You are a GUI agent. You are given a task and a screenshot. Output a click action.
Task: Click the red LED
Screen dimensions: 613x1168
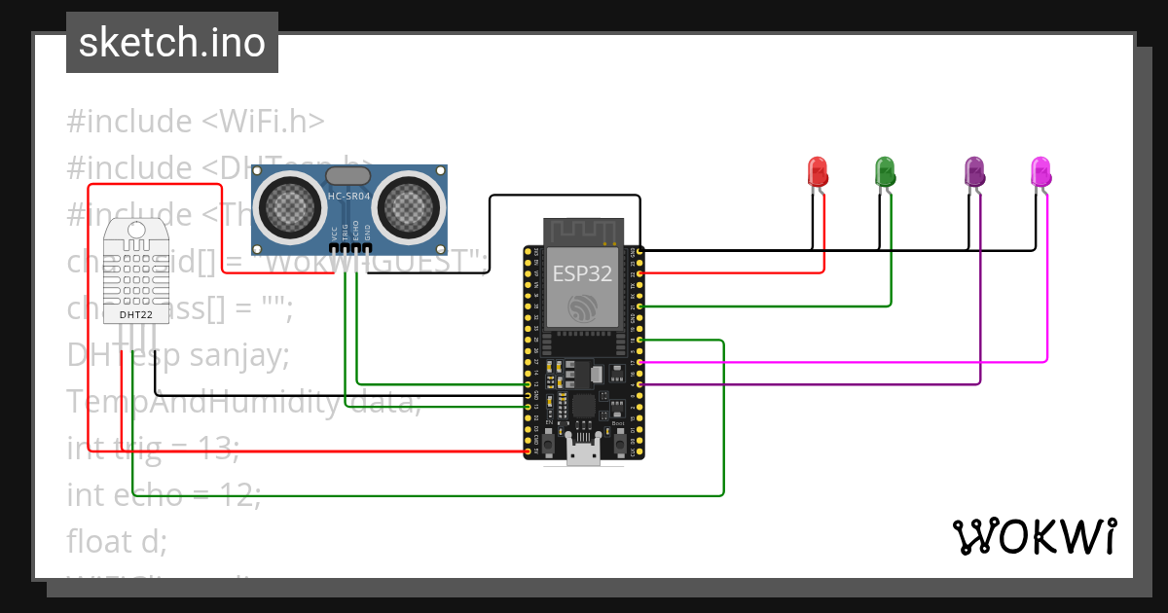point(818,172)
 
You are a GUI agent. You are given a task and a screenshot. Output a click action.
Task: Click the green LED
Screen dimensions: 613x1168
point(885,171)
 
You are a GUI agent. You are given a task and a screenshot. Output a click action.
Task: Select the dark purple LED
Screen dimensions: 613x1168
point(974,172)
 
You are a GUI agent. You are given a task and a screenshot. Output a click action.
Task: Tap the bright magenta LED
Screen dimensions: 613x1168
point(1040,171)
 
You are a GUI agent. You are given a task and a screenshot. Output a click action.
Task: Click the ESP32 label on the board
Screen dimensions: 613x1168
point(582,273)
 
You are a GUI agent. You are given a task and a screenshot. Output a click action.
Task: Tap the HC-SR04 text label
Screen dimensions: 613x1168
point(348,196)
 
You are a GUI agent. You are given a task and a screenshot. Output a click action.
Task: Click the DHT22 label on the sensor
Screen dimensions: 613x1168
point(134,315)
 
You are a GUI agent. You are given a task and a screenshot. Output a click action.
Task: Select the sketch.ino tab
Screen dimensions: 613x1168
point(172,43)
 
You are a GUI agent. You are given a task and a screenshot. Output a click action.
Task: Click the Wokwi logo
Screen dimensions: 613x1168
point(1034,536)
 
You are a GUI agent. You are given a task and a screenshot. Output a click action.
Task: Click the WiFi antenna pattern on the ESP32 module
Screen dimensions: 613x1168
point(582,231)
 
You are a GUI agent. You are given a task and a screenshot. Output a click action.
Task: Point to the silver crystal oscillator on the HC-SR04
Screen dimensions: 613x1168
point(348,175)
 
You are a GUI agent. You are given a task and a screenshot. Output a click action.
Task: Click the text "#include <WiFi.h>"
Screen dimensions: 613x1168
point(195,122)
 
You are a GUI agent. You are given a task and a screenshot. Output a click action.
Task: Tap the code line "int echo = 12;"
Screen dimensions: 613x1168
point(164,494)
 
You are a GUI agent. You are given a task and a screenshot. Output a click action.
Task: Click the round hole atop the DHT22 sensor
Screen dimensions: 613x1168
point(135,230)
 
